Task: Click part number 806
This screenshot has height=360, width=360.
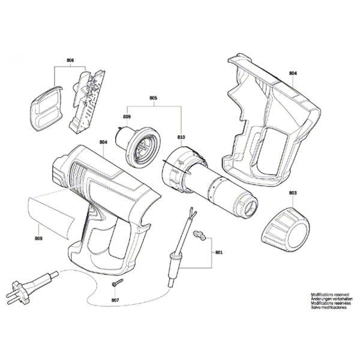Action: pyautogui.click(x=70, y=61)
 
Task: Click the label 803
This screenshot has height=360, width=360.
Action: pyautogui.click(x=292, y=193)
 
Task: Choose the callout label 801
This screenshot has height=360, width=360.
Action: pyautogui.click(x=218, y=253)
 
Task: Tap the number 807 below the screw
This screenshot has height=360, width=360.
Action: pyautogui.click(x=115, y=300)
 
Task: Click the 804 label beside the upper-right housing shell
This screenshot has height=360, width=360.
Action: pyautogui.click(x=293, y=73)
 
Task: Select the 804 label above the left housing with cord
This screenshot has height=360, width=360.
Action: pyautogui.click(x=103, y=142)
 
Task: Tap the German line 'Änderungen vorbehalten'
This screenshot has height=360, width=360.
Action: pyautogui.click(x=329, y=300)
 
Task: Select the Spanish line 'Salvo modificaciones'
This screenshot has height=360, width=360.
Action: pyautogui.click(x=327, y=310)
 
